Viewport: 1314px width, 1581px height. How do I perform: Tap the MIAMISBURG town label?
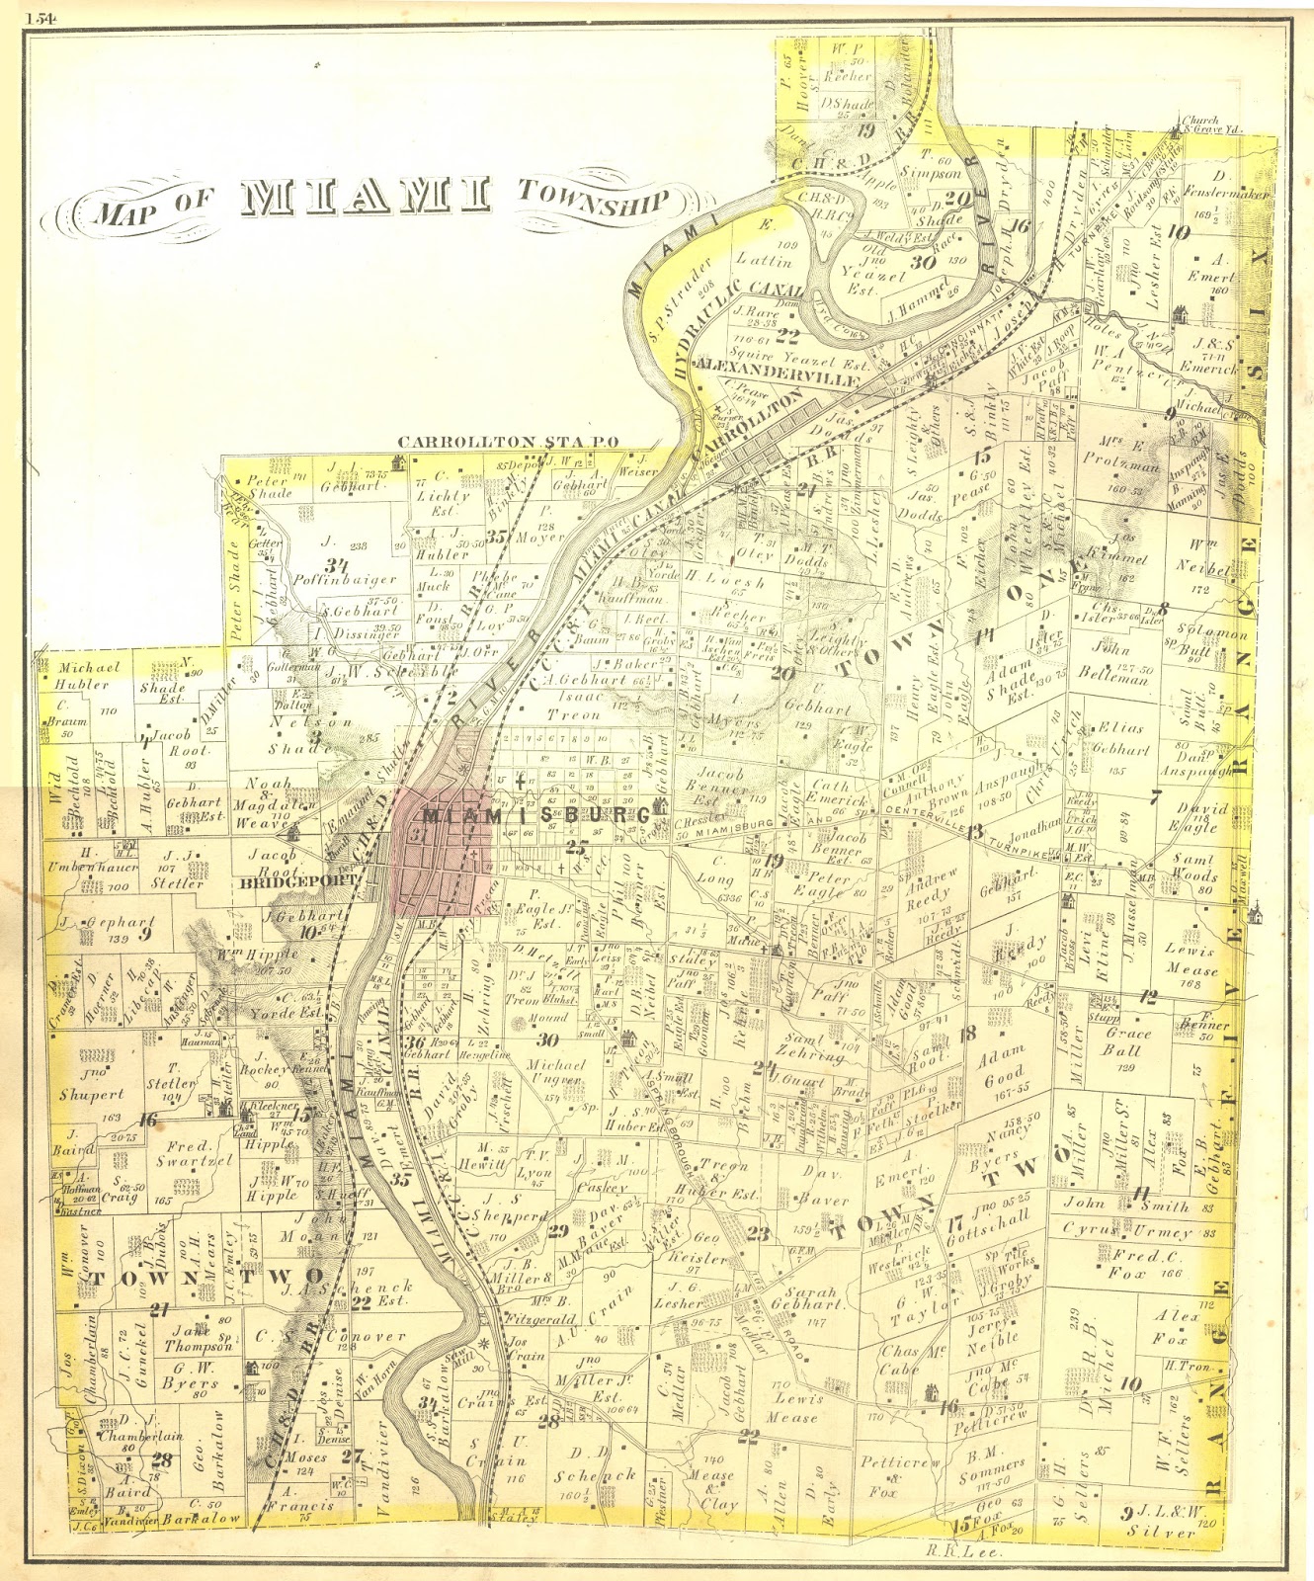tap(536, 816)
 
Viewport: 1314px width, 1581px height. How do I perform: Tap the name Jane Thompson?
tap(201, 1338)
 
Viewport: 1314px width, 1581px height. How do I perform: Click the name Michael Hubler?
tap(88, 676)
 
